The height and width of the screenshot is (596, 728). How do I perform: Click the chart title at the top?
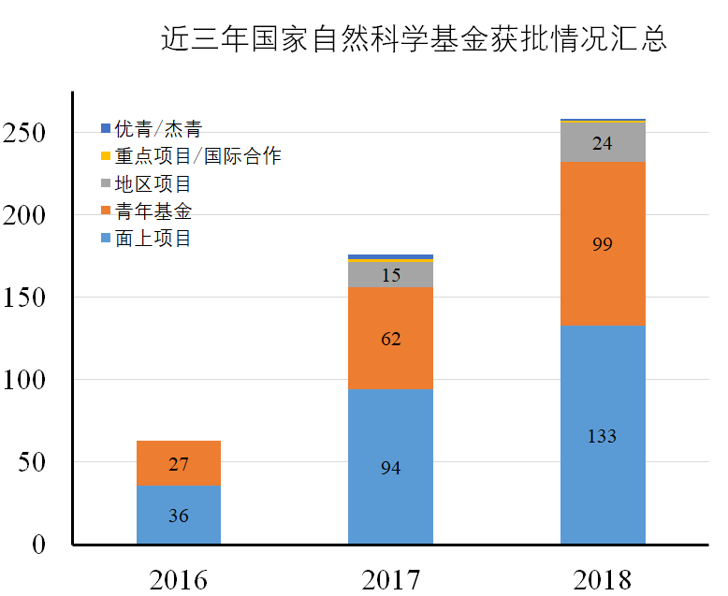414,41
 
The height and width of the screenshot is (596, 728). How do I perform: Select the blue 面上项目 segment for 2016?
179,515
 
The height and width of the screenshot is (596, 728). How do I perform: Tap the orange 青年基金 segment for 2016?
179,463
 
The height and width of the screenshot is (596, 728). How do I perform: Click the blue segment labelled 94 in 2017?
390,466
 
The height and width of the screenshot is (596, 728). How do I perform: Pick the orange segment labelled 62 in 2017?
390,338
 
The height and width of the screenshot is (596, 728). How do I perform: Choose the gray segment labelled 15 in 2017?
390,274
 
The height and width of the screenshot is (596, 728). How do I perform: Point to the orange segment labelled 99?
603,243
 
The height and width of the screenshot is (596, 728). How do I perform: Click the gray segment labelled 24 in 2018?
603,143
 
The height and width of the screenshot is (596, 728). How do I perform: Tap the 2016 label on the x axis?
179,579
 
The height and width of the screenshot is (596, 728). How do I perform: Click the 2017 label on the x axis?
390,579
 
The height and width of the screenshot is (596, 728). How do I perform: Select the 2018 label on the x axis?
603,579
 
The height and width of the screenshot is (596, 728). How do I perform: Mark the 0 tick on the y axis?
38,545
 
